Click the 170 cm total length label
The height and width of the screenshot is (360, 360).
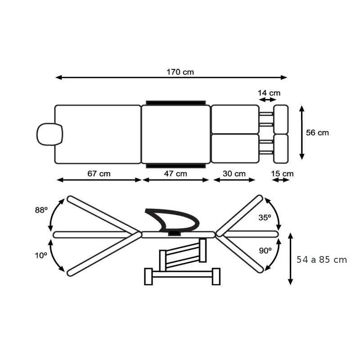click(x=180, y=72)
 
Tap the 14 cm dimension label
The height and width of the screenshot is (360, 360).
click(x=269, y=93)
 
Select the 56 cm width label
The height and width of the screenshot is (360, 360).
click(x=317, y=132)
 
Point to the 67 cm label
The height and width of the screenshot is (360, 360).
click(x=99, y=173)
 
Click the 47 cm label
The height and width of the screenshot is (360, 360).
click(x=175, y=173)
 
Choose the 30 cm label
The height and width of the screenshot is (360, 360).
click(x=234, y=173)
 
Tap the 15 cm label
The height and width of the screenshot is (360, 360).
click(x=282, y=173)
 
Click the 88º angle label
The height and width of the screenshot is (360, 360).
click(x=41, y=210)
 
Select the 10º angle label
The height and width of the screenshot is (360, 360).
click(x=41, y=255)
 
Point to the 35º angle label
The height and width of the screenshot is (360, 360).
click(x=265, y=217)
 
